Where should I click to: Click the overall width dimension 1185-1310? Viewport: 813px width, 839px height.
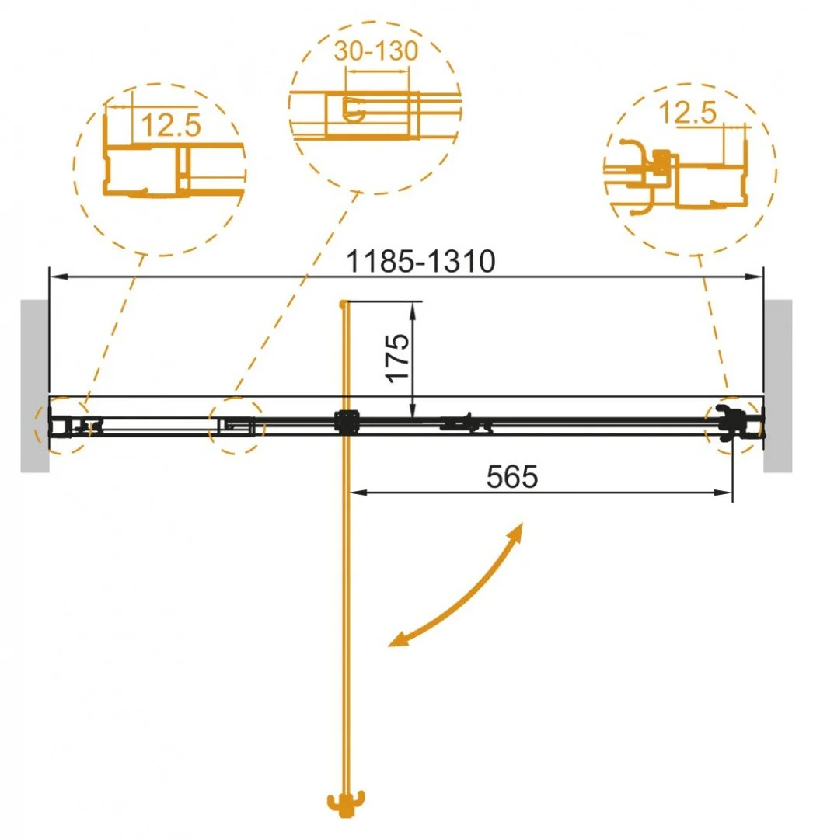pos(420,263)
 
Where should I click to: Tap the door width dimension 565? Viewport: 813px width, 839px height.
pos(512,477)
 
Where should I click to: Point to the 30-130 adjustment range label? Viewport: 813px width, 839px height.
pos(376,51)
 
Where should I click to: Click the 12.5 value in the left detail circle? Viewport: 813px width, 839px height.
pos(171,124)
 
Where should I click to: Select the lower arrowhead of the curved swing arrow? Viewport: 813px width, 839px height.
pos(398,639)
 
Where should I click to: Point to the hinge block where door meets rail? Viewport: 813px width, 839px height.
pos(344,422)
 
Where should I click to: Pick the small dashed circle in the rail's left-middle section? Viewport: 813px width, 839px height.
pos(236,426)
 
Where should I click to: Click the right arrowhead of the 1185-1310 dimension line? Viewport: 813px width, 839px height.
pos(757,276)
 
